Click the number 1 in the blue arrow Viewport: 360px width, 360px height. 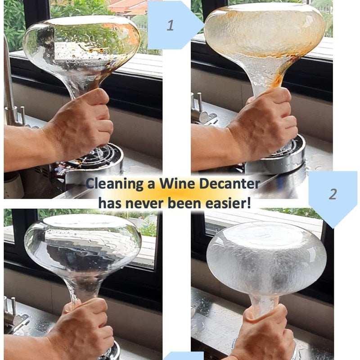[x=170, y=25]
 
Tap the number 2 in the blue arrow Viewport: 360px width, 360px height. [x=333, y=194]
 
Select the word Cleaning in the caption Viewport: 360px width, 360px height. [x=115, y=184]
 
